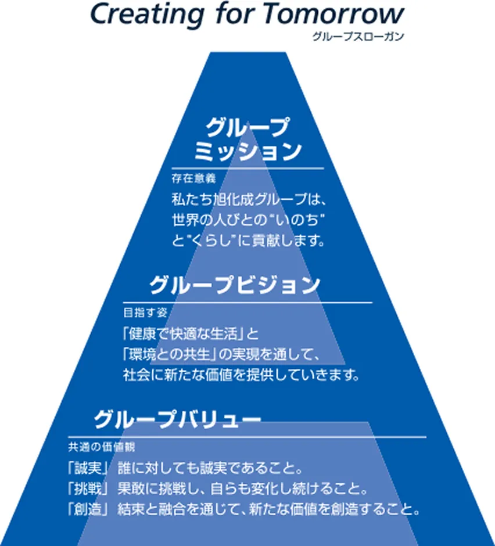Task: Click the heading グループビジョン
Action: click(x=235, y=286)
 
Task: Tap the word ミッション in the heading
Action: click(x=247, y=152)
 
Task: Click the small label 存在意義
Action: click(x=184, y=178)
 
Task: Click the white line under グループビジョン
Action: click(x=247, y=303)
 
